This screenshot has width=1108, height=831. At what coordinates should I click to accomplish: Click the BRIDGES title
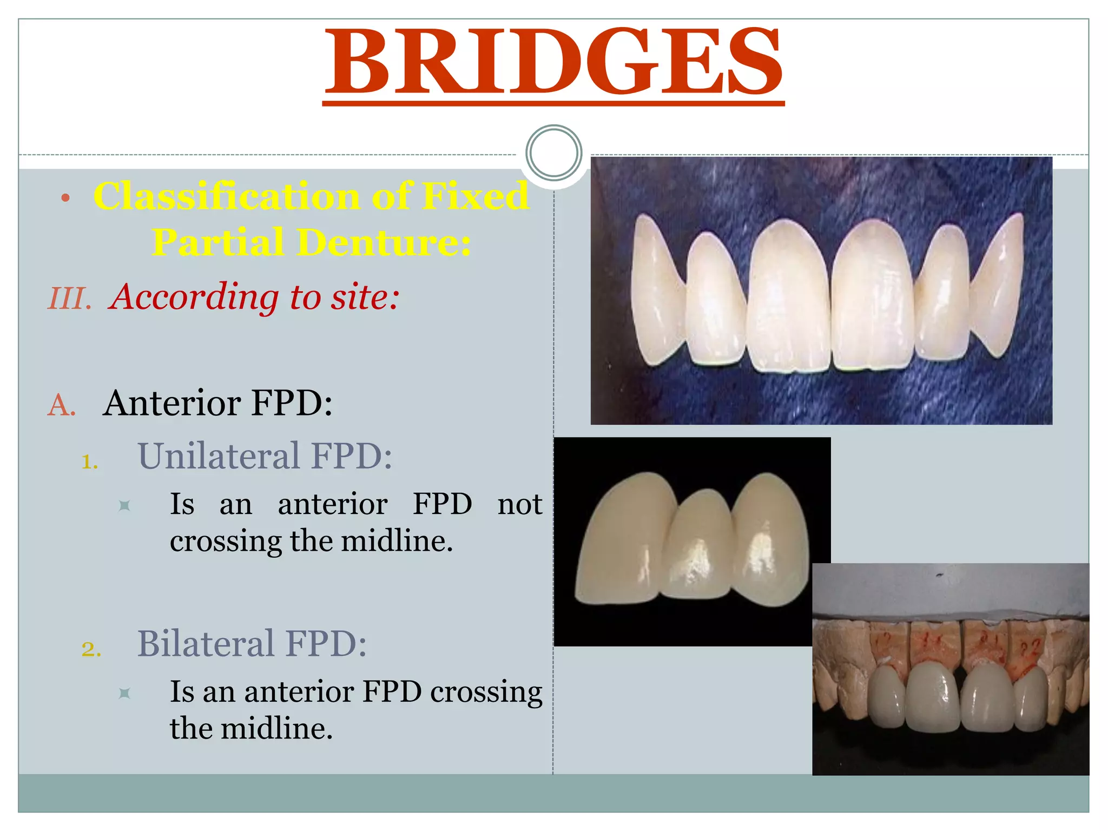[553, 62]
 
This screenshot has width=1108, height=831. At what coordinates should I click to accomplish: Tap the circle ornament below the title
[553, 153]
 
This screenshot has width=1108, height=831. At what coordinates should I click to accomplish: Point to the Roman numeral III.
[69, 299]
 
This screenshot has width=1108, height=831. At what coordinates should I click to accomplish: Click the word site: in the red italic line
[365, 297]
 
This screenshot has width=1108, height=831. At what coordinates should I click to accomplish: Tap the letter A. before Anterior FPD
[62, 405]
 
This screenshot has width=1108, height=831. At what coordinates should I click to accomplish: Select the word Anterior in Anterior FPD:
[172, 403]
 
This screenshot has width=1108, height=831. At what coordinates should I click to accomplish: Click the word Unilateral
[218, 456]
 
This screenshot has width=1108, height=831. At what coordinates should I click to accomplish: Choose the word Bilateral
[206, 643]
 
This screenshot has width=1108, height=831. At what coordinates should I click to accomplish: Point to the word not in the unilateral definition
[519, 504]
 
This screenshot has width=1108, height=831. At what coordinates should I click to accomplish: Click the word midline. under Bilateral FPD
[276, 728]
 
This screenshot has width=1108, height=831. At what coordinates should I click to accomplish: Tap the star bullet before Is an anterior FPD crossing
[124, 693]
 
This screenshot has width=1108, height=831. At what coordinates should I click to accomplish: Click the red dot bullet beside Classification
[65, 198]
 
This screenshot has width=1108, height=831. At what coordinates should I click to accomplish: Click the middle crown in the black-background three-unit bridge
[698, 546]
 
